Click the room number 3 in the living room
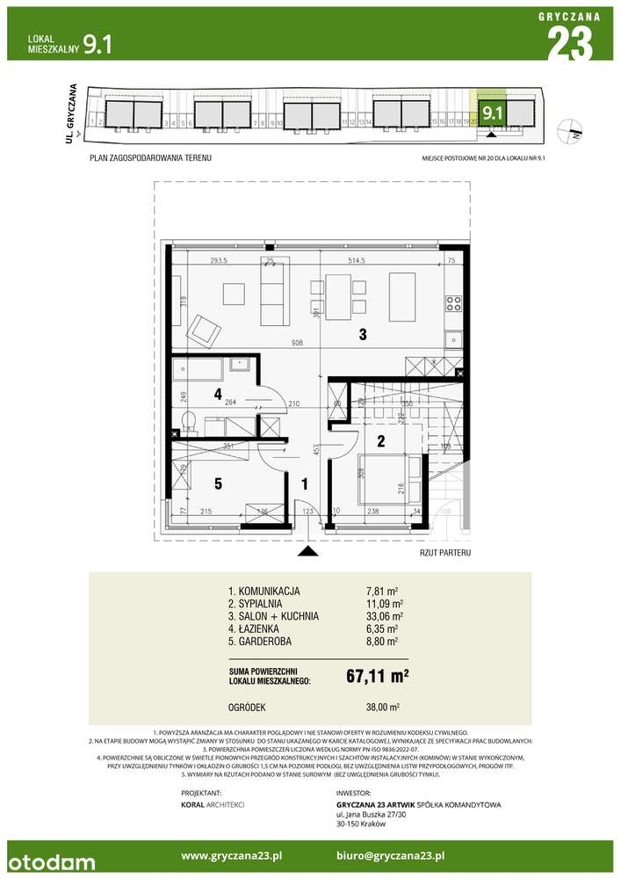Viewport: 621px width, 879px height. [361, 334]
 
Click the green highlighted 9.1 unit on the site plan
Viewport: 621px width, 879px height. [491, 112]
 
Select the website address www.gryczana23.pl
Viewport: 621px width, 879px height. [231, 854]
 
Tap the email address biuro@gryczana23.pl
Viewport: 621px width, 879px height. [390, 854]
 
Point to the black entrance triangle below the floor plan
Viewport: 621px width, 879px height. [307, 551]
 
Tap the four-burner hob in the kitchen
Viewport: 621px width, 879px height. [454, 304]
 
